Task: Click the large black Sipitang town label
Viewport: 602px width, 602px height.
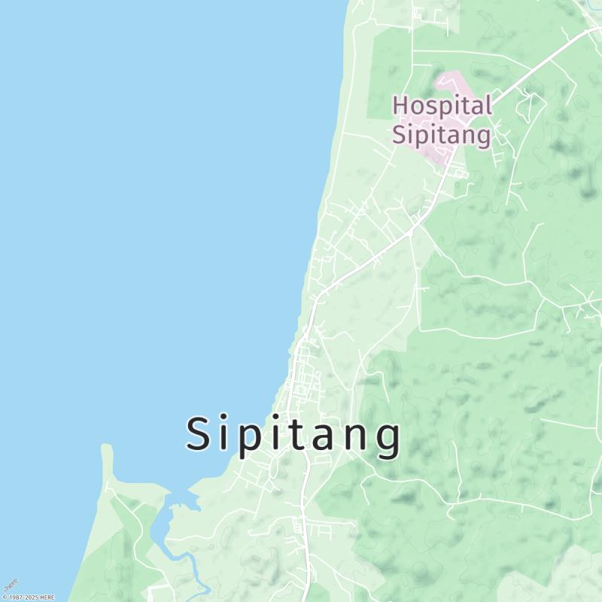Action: [x=293, y=435]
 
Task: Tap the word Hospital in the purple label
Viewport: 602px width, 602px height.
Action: [x=442, y=105]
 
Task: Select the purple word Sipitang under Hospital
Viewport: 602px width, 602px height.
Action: [x=442, y=135]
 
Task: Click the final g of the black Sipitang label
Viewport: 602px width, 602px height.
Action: [x=388, y=439]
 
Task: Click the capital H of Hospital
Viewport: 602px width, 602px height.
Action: [x=401, y=105]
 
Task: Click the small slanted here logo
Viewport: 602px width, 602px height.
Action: [x=10, y=585]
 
